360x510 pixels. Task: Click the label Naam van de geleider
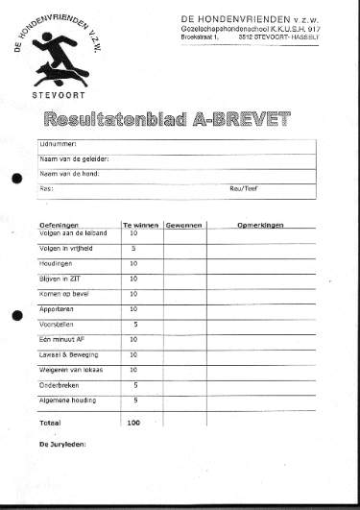point(73,158)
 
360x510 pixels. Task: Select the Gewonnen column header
point(183,224)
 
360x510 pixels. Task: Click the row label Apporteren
point(57,309)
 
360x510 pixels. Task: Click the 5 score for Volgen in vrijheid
point(133,248)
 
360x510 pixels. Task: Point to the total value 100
point(133,422)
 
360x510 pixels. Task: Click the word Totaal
point(49,422)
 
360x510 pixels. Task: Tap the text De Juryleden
point(62,445)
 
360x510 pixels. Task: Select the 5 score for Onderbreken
point(134,384)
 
